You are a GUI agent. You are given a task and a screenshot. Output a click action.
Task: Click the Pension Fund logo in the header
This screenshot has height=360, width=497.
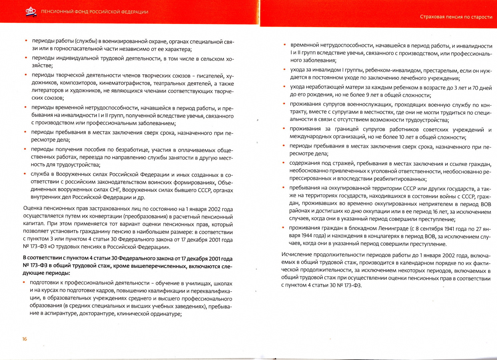pos(31,12)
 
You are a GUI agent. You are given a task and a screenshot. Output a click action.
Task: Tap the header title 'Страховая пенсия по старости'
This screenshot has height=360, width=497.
pos(456,17)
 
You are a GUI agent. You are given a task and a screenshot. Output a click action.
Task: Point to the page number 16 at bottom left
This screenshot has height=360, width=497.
pos(25,339)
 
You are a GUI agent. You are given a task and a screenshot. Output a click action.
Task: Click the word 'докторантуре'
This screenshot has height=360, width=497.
pos(95,314)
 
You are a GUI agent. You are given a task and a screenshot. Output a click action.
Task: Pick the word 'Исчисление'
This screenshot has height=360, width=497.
pos(296,255)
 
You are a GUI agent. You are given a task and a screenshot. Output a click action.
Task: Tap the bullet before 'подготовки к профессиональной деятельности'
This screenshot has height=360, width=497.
pos(24,282)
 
